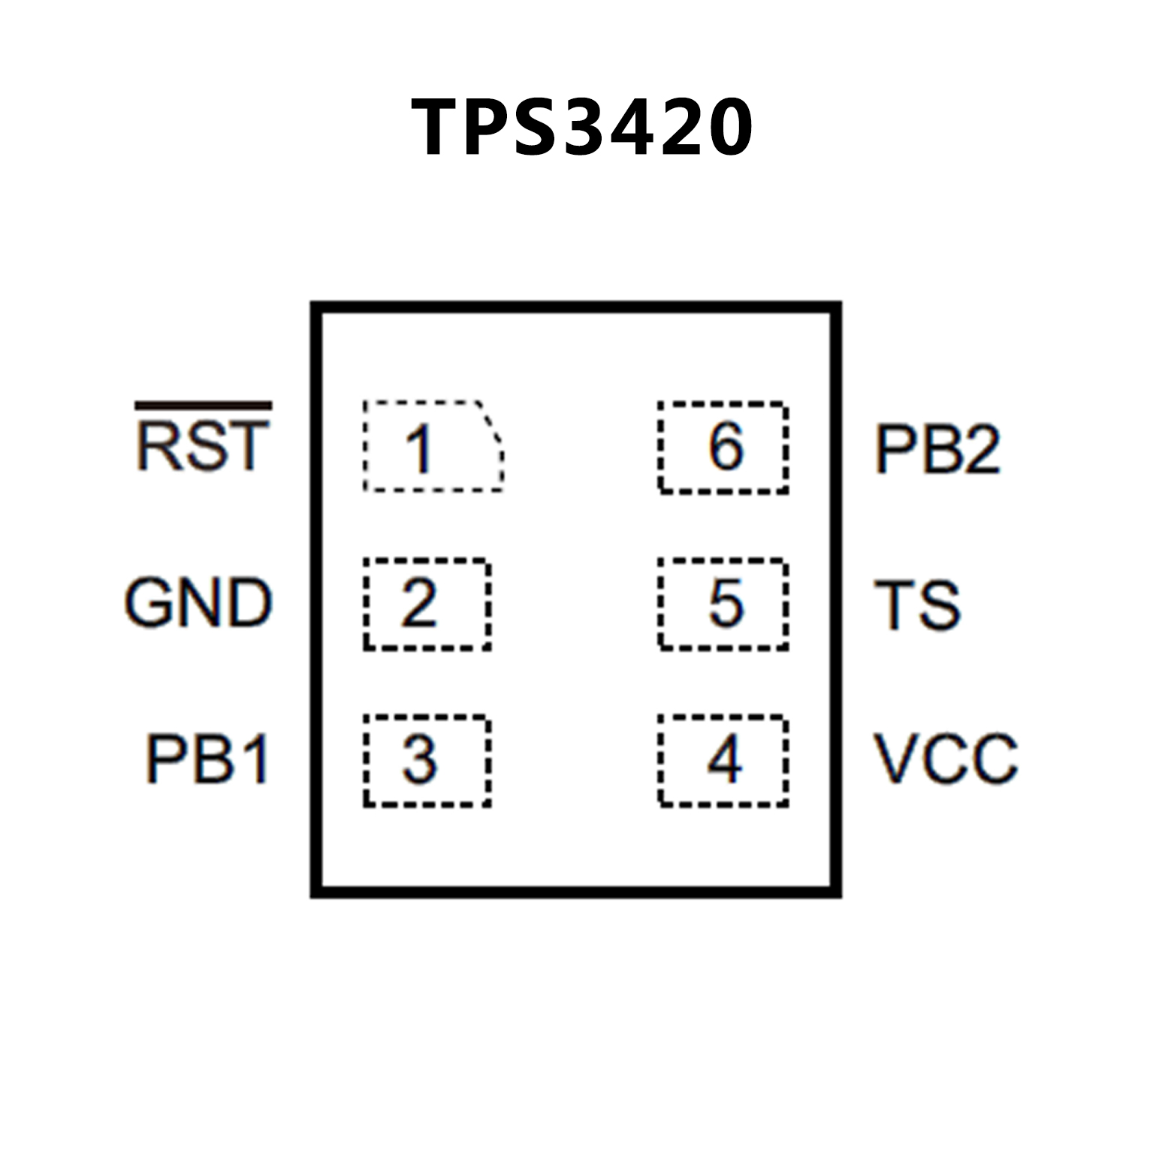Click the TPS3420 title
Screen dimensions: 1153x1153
[x=581, y=128]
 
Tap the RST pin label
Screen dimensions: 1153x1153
[x=202, y=446]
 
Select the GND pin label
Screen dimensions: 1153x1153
[x=198, y=602]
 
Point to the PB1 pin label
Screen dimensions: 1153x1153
[x=207, y=759]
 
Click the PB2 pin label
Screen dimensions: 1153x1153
[x=937, y=449]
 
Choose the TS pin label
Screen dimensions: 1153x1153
[x=917, y=605]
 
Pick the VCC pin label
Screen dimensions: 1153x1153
[x=946, y=759]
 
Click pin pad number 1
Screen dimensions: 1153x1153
[x=433, y=448]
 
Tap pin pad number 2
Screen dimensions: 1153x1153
[x=427, y=604]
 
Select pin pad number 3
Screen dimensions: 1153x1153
[x=427, y=760]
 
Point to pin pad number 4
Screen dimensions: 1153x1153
[x=723, y=760]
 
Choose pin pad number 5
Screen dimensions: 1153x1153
[x=723, y=604]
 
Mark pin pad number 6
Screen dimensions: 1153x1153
[x=723, y=448]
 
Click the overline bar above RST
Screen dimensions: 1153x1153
[x=203, y=406]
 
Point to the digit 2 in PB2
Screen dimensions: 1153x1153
[x=980, y=449]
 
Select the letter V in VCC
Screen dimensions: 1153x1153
[x=895, y=759]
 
